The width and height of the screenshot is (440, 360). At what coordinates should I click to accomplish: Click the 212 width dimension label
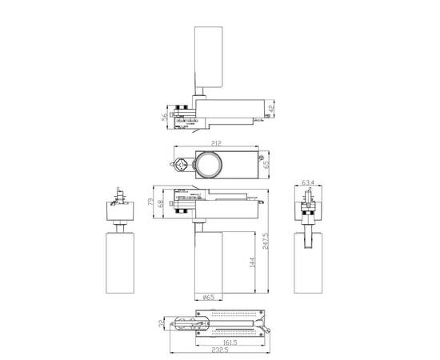coord(214,145)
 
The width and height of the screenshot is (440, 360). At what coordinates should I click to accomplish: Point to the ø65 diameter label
coord(210,298)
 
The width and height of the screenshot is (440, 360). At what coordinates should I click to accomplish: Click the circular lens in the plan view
coord(210,166)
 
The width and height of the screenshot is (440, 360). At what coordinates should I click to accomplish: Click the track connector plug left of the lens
coord(183,165)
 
